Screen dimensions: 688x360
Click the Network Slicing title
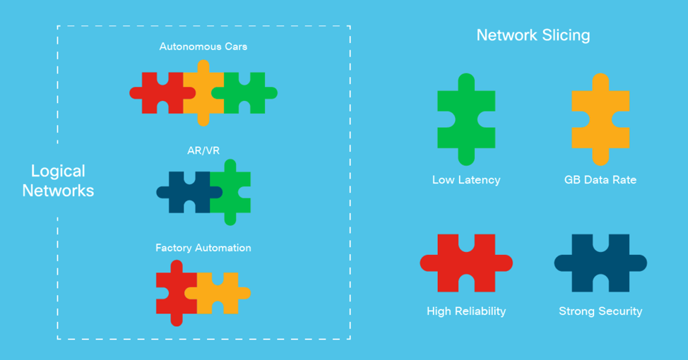click(533, 35)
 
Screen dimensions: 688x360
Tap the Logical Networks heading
click(59, 181)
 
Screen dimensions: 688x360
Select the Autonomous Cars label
click(203, 47)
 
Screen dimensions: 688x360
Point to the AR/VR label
click(203, 150)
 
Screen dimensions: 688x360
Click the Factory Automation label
click(203, 248)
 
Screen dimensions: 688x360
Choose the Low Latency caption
click(466, 180)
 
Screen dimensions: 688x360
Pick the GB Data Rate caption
click(600, 180)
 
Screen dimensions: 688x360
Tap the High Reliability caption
click(466, 311)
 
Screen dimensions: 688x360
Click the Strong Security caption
click(600, 311)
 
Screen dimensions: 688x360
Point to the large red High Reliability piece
click(466, 263)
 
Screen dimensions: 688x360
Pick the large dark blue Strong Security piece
click(600, 263)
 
